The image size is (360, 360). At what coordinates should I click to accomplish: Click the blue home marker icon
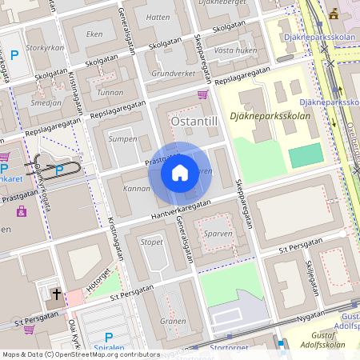(180, 172)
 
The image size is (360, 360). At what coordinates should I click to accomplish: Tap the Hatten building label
(158, 16)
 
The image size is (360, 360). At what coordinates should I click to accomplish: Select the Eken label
(94, 34)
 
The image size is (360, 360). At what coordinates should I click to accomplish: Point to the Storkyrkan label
(44, 48)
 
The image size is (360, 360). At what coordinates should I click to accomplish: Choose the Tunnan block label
(110, 93)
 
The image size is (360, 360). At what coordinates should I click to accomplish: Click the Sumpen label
(122, 138)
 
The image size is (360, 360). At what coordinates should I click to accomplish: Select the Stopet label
(152, 241)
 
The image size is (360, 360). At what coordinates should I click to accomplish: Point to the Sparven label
(218, 234)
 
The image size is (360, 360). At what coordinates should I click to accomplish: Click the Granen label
(173, 321)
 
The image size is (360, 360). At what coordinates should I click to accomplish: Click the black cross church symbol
(56, 294)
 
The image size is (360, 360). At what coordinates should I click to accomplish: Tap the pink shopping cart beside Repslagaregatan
(202, 94)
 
